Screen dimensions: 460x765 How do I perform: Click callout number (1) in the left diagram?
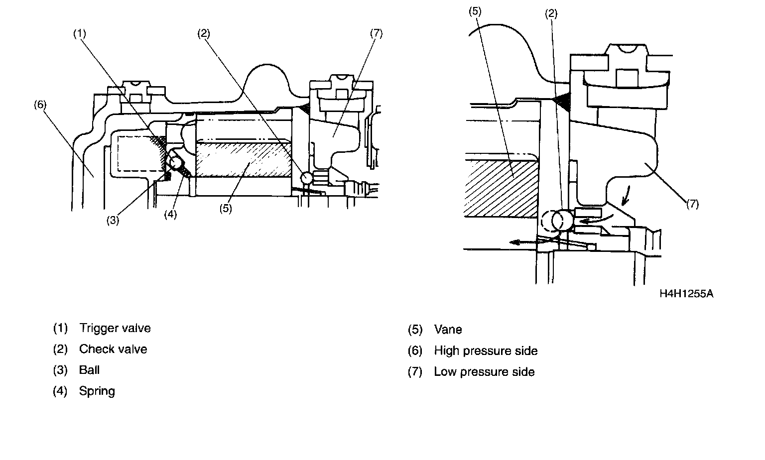pyautogui.click(x=80, y=34)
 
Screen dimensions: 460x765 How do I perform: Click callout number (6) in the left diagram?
pyautogui.click(x=40, y=105)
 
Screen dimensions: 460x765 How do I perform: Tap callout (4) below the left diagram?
pyautogui.click(x=170, y=215)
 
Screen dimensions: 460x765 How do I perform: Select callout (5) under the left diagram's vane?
pyautogui.click(x=226, y=209)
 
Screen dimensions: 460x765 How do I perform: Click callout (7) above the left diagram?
pyautogui.click(x=376, y=34)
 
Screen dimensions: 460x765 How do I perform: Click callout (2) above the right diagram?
pyautogui.click(x=551, y=14)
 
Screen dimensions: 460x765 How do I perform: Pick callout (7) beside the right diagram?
pyautogui.click(x=693, y=204)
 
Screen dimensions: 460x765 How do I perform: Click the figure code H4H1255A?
pyautogui.click(x=686, y=294)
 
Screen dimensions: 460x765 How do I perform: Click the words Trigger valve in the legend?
pyautogui.click(x=115, y=329)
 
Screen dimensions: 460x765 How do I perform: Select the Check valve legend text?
pyautogui.click(x=113, y=349)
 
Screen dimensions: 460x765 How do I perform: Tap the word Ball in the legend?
pyautogui.click(x=89, y=370)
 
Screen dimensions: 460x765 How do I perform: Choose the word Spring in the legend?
pyautogui.click(x=97, y=391)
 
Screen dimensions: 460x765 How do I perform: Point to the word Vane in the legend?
pyautogui.click(x=448, y=330)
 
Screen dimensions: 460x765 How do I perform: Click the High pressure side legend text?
pyautogui.click(x=486, y=351)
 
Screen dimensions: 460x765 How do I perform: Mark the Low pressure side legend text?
pyautogui.click(x=484, y=372)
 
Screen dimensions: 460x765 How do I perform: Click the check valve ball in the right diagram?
pyautogui.click(x=561, y=221)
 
